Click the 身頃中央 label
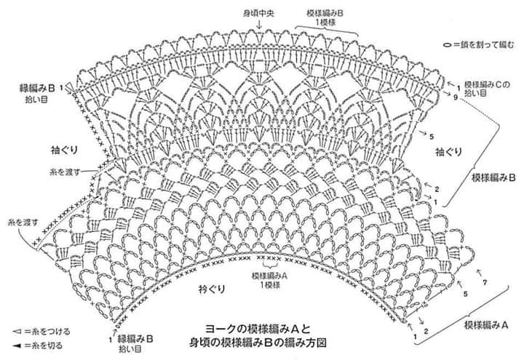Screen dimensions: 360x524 [258, 13]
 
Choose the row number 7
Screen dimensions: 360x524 [483, 282]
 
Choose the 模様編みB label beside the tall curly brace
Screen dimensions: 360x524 [493, 177]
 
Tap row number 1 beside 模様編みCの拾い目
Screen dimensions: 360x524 [458, 86]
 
